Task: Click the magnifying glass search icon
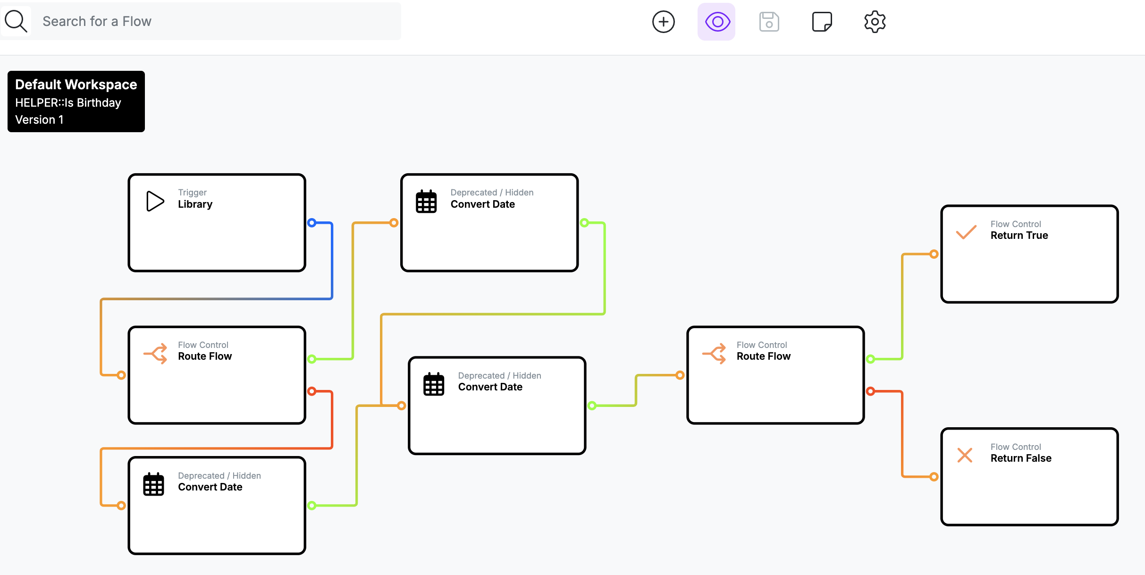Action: tap(16, 21)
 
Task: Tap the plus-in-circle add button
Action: tap(664, 22)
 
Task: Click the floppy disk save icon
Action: tap(769, 22)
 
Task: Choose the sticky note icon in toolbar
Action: tap(822, 22)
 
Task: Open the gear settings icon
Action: tap(875, 22)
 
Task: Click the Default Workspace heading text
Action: tap(76, 85)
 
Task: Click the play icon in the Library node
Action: tap(155, 201)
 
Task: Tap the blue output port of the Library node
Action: tap(312, 223)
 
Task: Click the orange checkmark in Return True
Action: tap(966, 232)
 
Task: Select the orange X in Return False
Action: tap(965, 455)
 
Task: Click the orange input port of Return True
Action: tap(934, 254)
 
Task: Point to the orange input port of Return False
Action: tap(934, 477)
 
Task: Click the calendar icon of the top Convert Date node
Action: tap(426, 202)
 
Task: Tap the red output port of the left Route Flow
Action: tap(312, 391)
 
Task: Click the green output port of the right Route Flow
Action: tap(870, 359)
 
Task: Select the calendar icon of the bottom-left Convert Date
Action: tap(153, 484)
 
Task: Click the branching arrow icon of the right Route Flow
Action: tap(715, 354)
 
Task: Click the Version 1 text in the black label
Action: tap(39, 119)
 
